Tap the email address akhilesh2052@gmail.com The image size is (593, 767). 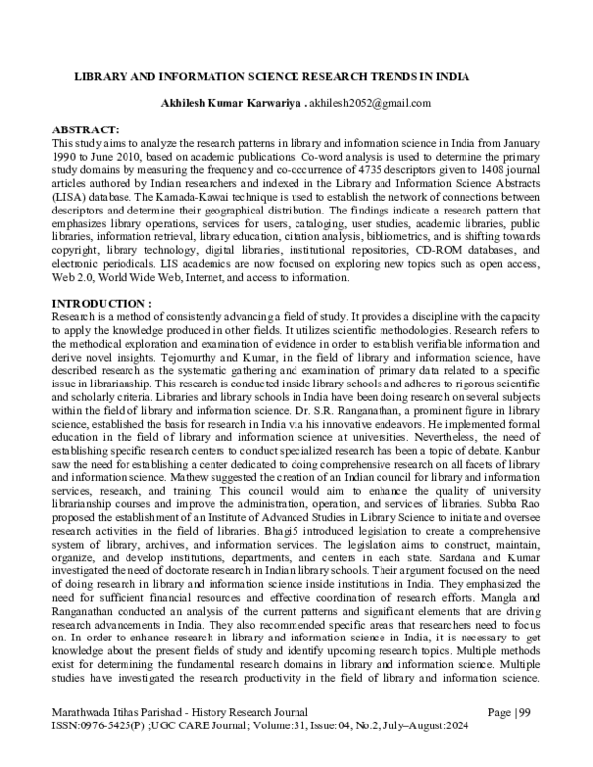[371, 103]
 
